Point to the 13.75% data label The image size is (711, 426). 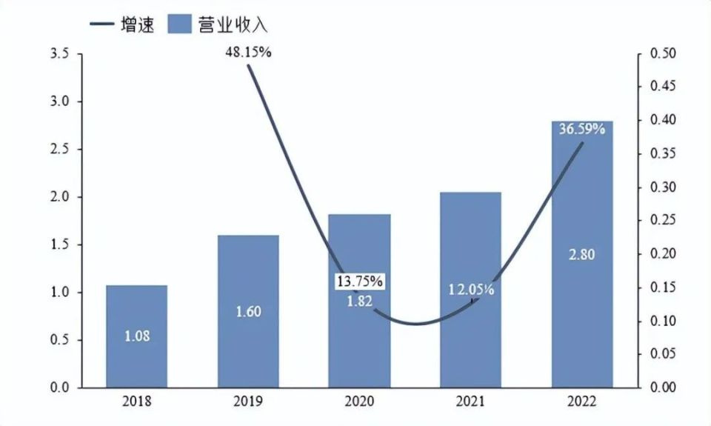pyautogui.click(x=359, y=282)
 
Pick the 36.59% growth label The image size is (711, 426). pyautogui.click(x=581, y=129)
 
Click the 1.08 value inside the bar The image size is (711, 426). pyautogui.click(x=136, y=336)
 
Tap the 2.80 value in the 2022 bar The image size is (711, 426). pyautogui.click(x=581, y=254)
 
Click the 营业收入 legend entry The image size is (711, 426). pyautogui.click(x=218, y=24)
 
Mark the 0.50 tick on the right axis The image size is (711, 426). pyautogui.click(x=663, y=54)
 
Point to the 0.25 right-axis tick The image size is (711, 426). pyautogui.click(x=663, y=221)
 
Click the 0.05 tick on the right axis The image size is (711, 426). pyautogui.click(x=663, y=354)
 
